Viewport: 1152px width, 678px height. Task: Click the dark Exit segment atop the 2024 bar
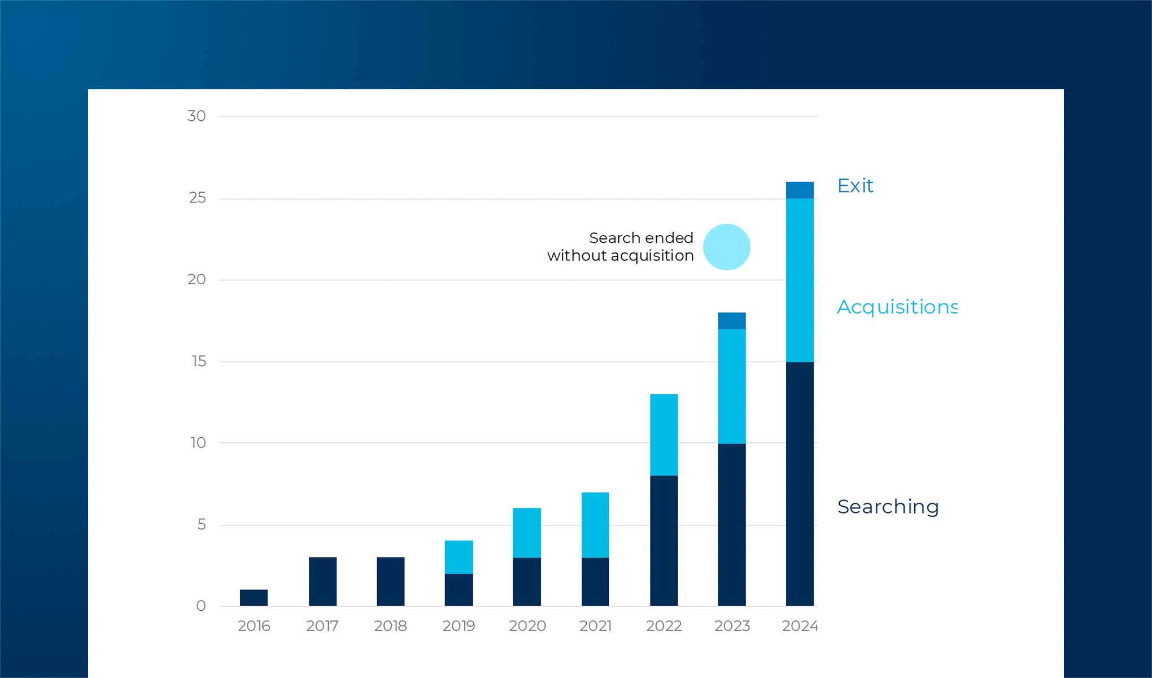800,190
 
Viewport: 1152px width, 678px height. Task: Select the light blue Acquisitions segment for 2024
800,280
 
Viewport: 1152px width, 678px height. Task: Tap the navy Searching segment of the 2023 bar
732,524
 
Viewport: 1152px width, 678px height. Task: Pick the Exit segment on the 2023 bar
732,320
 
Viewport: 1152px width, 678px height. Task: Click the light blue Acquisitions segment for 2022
664,434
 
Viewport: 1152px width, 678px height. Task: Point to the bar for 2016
254,597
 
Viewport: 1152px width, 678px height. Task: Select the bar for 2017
322,581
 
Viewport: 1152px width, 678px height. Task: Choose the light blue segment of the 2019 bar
459,557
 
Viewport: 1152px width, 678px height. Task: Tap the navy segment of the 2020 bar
527,581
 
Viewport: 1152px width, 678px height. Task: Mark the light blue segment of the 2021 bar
595,525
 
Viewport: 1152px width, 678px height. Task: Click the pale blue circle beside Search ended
726,247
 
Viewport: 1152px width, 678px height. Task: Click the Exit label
855,186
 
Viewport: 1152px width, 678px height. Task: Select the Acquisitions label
897,307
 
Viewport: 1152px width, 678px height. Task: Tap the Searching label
888,507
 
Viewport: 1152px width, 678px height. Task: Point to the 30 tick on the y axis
197,116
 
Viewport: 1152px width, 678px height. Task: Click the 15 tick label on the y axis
199,361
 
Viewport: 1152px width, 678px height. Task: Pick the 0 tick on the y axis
201,606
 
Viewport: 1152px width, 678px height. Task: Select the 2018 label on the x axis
390,626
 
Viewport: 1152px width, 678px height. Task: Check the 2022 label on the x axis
664,626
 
